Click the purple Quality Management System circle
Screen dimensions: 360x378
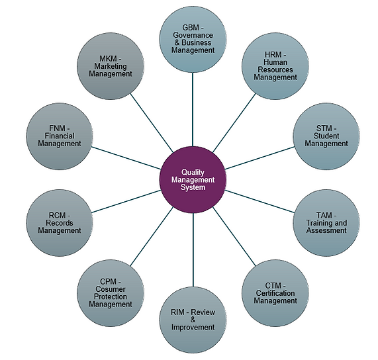point(193,179)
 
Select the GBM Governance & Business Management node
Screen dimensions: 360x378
point(193,38)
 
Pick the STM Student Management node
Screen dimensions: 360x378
point(326,135)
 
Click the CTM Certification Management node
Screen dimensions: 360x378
point(275,292)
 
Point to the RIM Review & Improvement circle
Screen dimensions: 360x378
point(193,318)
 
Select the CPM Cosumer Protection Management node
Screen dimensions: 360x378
point(109,292)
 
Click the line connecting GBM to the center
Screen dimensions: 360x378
point(193,109)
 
